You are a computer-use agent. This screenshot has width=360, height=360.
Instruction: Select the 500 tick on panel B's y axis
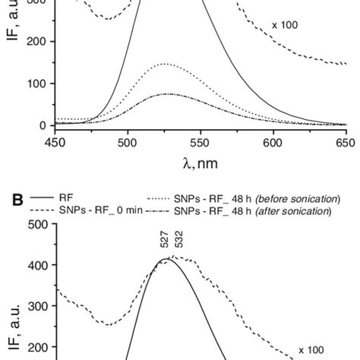[x=36, y=224]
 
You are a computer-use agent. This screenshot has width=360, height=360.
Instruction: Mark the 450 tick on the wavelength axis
[x=54, y=141]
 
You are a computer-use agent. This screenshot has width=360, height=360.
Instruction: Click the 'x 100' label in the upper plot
[x=285, y=25]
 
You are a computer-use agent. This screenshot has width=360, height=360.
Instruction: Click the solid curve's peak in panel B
[x=165, y=260]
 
